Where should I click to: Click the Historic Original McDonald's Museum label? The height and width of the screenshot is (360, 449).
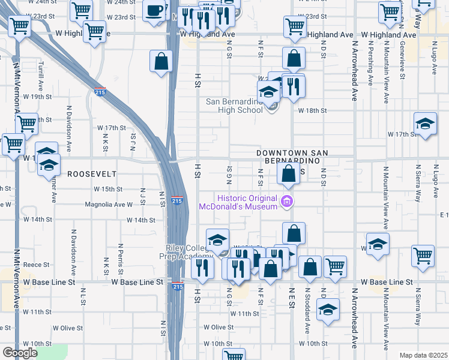247,203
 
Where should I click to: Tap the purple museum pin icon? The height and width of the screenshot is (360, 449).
287,201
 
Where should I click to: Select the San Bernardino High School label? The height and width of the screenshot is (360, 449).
234,106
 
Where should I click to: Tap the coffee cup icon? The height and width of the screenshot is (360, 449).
155,11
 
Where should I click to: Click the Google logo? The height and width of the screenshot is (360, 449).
20,353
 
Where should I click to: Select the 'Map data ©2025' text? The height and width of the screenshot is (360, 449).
423,355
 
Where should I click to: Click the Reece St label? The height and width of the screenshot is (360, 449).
36,264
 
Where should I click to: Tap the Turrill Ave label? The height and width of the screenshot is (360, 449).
41,74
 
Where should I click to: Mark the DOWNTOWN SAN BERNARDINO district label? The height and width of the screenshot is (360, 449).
291,158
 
